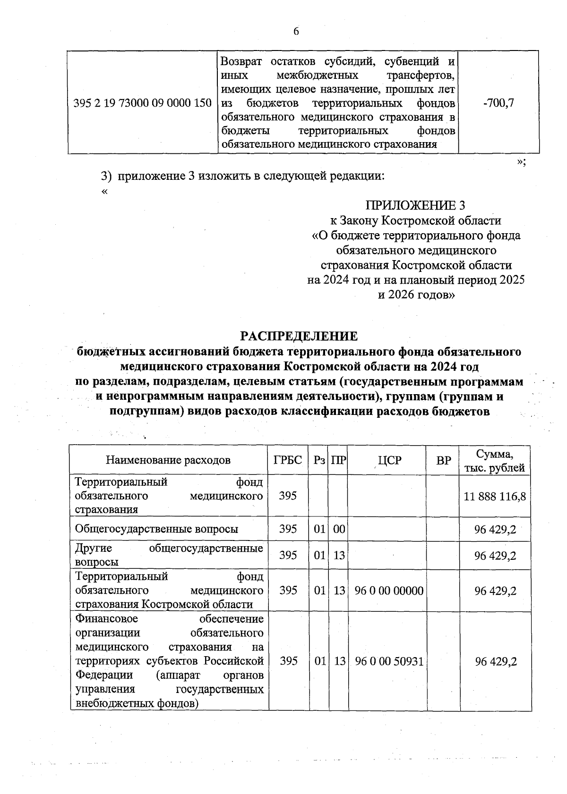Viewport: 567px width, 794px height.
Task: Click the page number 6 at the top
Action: (x=296, y=32)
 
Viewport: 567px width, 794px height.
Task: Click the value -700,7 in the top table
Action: (x=498, y=103)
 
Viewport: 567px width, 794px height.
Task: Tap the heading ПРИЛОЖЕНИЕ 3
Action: (x=415, y=205)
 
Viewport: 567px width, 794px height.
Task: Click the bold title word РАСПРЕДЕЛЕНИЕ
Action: (x=299, y=336)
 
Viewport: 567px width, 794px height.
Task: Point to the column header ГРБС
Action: (x=288, y=460)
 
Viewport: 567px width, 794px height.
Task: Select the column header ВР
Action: (x=444, y=460)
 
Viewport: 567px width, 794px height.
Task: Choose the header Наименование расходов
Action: (x=168, y=460)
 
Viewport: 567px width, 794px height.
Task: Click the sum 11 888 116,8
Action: (x=495, y=496)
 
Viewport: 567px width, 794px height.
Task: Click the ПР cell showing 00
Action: (x=339, y=529)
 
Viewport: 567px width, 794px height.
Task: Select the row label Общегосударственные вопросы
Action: (x=156, y=529)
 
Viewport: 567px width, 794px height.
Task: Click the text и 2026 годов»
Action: (x=416, y=295)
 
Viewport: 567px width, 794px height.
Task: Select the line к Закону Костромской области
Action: (x=415, y=220)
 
